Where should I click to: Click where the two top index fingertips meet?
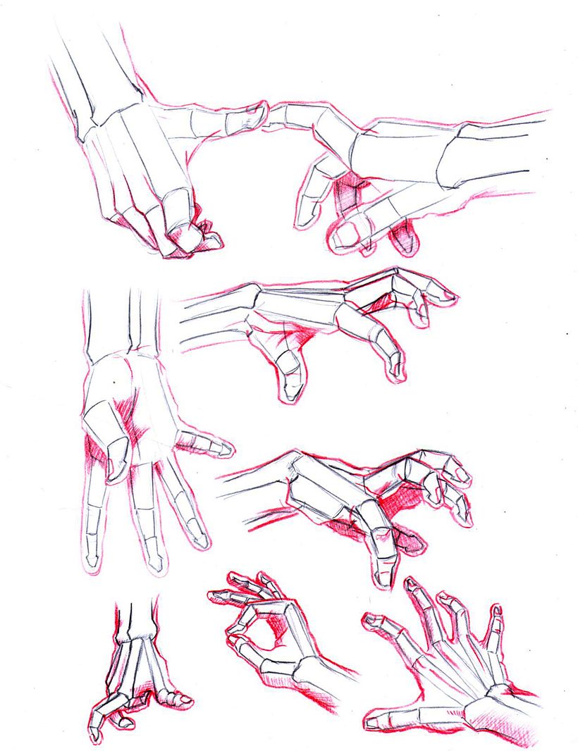266,113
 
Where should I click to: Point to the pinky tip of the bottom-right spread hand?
496,612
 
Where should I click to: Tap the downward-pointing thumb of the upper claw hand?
288,384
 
